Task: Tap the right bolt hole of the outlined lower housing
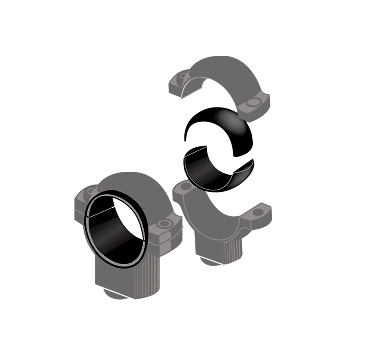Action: tap(259, 213)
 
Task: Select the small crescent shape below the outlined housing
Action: tap(213, 262)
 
